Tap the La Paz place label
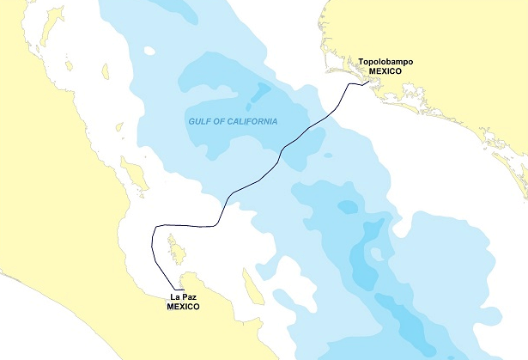[x=183, y=297]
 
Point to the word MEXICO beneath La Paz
[x=183, y=307]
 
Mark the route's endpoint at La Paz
[x=182, y=290]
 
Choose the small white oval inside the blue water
[x=149, y=51]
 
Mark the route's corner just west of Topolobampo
[x=349, y=86]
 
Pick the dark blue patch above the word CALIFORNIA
[x=260, y=91]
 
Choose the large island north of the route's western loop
[x=135, y=175]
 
